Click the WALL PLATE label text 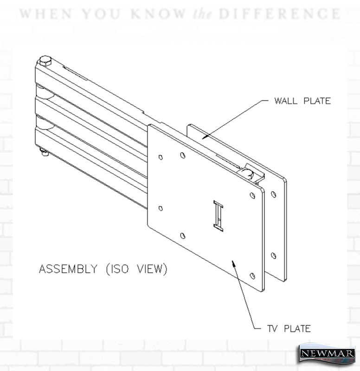[302, 101]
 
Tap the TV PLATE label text [289, 329]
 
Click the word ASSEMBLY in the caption [68, 269]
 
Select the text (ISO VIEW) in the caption [136, 269]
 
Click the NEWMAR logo [327, 353]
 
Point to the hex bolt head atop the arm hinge [45, 60]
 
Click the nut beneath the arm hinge [44, 152]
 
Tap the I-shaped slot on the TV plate [218, 216]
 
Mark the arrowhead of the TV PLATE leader [233, 263]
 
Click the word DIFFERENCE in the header [280, 14]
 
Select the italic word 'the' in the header [202, 14]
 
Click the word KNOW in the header [158, 14]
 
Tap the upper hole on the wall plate [273, 194]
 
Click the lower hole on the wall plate [273, 256]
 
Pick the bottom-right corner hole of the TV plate [252, 276]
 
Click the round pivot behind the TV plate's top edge [247, 173]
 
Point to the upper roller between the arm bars [44, 92]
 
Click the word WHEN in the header [45, 14]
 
